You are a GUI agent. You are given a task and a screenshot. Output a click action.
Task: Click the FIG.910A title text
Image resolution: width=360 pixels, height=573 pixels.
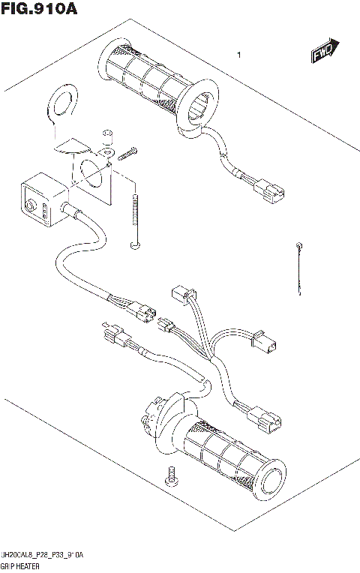40,9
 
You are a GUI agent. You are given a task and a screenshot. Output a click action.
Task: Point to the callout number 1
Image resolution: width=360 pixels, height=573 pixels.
238,55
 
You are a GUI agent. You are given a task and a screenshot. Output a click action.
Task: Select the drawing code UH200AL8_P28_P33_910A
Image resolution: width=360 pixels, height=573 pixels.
43,554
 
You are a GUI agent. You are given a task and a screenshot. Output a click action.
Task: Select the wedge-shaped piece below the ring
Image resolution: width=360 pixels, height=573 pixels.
73,143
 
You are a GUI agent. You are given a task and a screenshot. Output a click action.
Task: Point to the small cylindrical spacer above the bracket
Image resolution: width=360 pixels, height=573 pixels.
106,136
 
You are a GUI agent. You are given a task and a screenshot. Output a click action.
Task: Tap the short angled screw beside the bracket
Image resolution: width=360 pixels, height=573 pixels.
127,154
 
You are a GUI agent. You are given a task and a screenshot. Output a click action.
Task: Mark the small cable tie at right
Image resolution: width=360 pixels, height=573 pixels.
299,266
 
